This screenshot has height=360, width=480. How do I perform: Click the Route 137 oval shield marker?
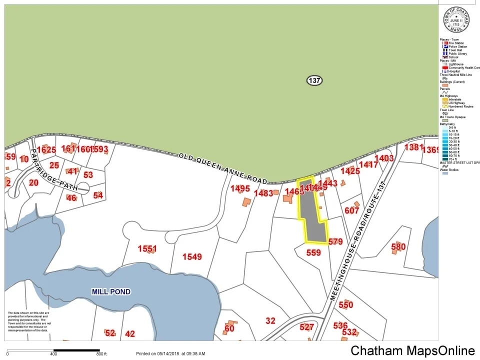coord(314,80)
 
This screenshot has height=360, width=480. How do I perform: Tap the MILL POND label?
coord(111,291)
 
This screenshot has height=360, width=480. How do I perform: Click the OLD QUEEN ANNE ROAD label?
coord(223,168)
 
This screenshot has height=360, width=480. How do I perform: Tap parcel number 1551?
coord(147,248)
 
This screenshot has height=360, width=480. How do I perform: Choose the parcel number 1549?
coord(192,257)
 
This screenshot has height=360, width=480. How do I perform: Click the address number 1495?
coord(240,188)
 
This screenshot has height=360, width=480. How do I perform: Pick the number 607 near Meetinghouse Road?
coord(351,210)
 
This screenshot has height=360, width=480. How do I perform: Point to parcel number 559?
coord(313,252)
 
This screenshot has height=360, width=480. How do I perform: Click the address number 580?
coord(398,246)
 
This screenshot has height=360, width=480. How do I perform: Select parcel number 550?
coord(345,304)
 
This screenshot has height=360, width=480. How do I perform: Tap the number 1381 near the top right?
coord(413,147)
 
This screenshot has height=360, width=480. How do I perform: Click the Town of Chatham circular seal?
coord(456,20)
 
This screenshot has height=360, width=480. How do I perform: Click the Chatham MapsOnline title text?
coord(412,351)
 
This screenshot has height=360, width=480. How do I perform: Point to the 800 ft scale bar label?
coord(101,354)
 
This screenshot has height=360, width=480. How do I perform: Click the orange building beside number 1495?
coord(246,202)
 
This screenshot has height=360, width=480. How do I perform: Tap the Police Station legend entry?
coord(457,46)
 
